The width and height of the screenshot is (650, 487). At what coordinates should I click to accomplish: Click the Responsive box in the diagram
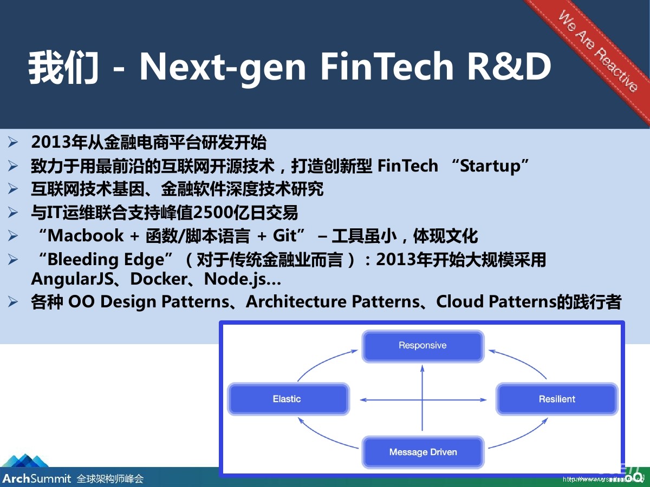[422, 346]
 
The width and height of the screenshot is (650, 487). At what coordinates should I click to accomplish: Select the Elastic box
[287, 399]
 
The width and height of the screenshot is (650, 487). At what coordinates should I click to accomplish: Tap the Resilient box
[557, 399]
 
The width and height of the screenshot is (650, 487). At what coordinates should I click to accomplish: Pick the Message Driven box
[423, 452]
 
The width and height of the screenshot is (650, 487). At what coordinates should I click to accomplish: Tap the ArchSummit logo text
[36, 478]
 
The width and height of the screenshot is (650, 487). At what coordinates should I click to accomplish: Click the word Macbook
[86, 236]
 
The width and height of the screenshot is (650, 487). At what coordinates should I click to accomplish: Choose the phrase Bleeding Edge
[106, 260]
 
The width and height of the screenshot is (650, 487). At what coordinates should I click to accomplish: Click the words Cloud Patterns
[496, 302]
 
